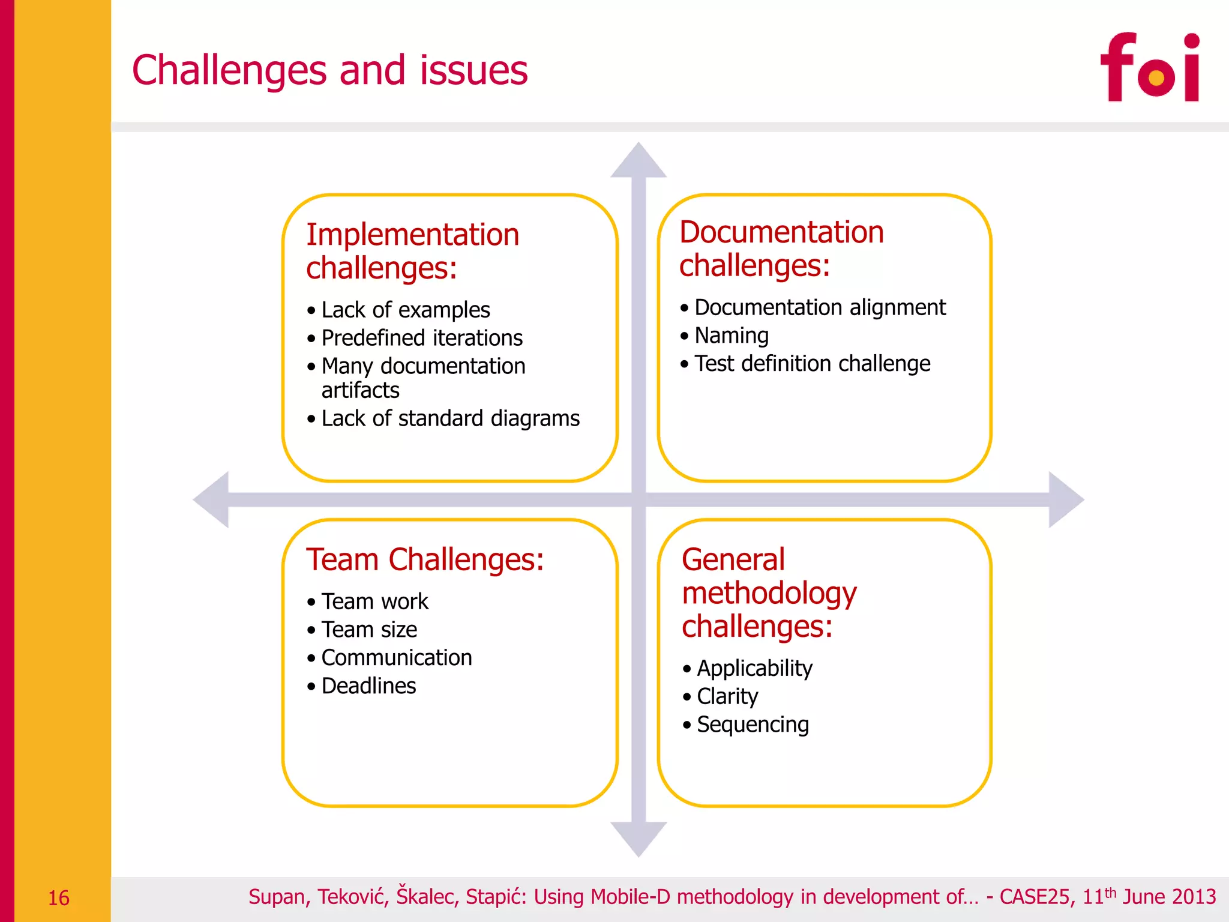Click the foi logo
(x=1149, y=67)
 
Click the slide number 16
(x=58, y=898)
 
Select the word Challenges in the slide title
(x=229, y=70)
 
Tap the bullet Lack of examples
(x=406, y=310)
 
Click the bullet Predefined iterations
(x=422, y=338)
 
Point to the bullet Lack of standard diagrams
(x=450, y=418)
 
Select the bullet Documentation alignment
(x=820, y=307)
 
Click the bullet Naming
(x=731, y=336)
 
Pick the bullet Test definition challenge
(x=812, y=364)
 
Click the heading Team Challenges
(x=425, y=559)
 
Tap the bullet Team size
(x=369, y=630)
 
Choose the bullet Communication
(x=396, y=658)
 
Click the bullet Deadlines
(x=368, y=686)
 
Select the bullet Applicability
(x=754, y=668)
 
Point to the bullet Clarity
(x=727, y=696)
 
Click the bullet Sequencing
(x=753, y=725)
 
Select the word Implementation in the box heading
(x=412, y=234)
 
